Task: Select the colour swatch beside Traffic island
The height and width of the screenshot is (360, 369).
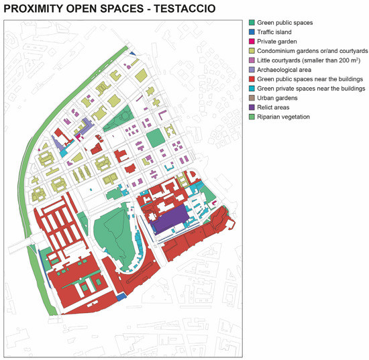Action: (250, 32)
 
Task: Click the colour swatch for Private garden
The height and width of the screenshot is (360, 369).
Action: (250, 41)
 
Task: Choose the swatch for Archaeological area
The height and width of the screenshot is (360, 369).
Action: (250, 69)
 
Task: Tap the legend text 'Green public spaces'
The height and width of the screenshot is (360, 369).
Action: (284, 22)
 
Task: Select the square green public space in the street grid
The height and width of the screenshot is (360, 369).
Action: (155, 139)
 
